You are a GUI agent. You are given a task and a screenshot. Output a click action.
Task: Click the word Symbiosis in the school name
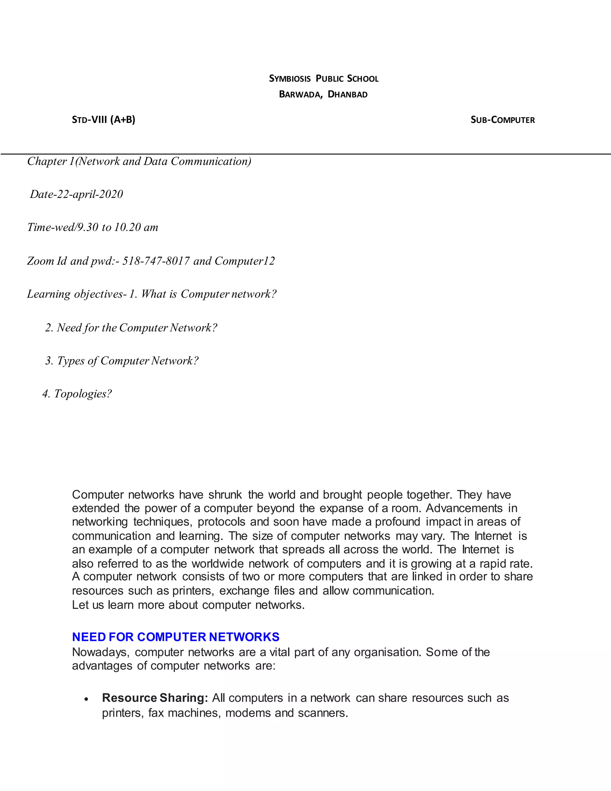click(290, 79)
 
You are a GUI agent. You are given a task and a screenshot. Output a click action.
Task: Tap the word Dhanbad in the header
click(348, 95)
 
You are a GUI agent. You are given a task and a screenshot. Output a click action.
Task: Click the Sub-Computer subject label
click(502, 120)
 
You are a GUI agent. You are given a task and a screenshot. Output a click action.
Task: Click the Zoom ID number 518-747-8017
click(156, 261)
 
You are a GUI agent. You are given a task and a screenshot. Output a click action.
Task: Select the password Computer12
click(245, 261)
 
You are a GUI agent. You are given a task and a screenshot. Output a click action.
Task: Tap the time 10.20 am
click(136, 227)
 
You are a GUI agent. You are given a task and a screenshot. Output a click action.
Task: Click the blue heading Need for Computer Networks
click(175, 637)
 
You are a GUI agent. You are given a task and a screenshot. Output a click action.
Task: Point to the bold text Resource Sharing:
click(155, 698)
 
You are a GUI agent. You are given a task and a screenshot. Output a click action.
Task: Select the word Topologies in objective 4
click(83, 394)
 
